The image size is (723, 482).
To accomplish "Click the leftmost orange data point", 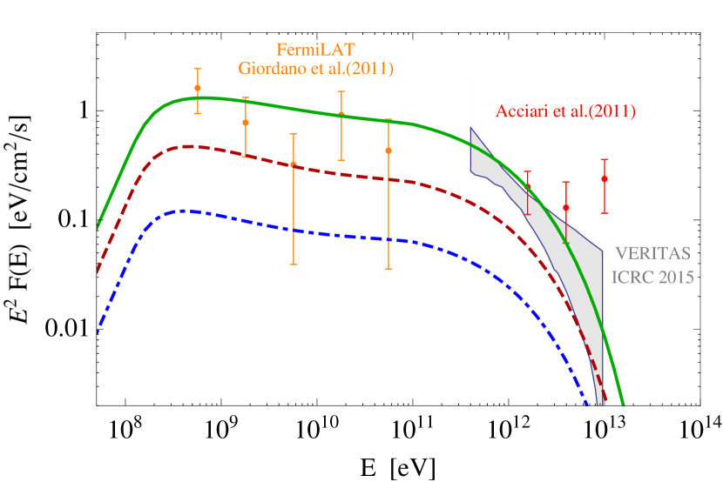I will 198,88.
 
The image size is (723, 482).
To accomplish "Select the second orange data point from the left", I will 246,123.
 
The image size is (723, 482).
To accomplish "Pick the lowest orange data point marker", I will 294,164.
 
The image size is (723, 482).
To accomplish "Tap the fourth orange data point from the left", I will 341,115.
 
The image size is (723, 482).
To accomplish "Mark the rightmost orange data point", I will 389,151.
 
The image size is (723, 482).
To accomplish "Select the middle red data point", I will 566,208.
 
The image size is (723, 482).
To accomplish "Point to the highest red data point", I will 605,178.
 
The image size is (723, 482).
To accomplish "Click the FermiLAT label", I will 315,50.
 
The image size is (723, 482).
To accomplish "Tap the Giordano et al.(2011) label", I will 315,69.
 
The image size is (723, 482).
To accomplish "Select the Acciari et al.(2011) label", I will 565,111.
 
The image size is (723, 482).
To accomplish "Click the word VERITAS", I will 653,254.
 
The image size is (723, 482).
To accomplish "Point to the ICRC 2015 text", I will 653,278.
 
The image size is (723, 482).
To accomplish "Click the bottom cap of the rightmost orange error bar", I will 389,269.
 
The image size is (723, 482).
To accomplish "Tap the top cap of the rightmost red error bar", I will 605,160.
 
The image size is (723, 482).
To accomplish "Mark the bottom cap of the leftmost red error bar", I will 527,214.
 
